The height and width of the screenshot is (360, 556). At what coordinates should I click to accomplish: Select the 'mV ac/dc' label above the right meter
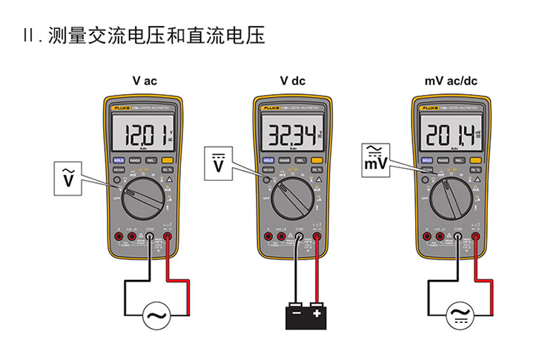pyautogui.click(x=451, y=81)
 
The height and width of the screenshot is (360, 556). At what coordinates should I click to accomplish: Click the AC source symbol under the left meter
pyautogui.click(x=156, y=316)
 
